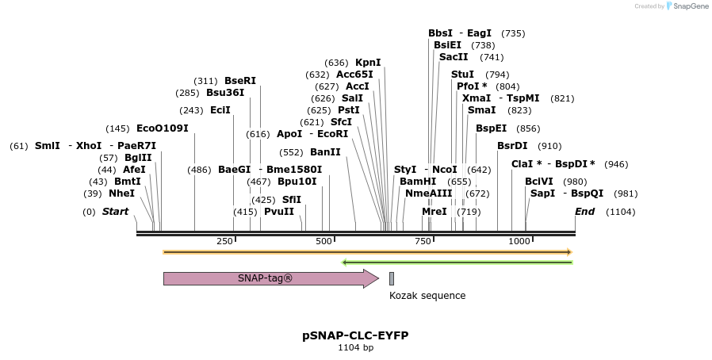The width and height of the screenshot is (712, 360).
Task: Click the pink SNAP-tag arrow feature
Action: click(270, 278)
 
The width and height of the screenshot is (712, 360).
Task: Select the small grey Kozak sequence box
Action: click(392, 278)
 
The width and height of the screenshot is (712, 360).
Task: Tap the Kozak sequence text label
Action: click(427, 296)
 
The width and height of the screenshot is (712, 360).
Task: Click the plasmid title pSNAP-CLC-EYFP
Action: click(355, 335)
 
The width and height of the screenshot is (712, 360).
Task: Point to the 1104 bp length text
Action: click(355, 347)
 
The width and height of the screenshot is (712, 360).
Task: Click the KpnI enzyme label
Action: click(368, 63)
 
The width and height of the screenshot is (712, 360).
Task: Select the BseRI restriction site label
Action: click(240, 80)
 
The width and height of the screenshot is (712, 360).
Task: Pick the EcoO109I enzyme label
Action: click(163, 128)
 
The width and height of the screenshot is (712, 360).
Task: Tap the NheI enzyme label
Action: click(122, 193)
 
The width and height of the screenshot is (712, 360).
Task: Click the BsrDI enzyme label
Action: click(512, 146)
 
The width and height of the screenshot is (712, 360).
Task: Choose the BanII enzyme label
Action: click(325, 151)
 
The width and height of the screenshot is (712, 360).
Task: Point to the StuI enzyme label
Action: click(462, 75)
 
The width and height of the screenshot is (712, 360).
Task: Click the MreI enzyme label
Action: click(434, 212)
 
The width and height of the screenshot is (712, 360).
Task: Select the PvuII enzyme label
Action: click(279, 212)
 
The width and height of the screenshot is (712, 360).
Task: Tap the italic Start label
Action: click(115, 212)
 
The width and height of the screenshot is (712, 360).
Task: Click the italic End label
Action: click(584, 212)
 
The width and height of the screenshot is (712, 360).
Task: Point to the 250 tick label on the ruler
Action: click(224, 241)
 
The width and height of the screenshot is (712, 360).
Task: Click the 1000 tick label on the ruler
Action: click(519, 241)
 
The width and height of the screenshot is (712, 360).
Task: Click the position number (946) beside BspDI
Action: click(616, 164)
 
